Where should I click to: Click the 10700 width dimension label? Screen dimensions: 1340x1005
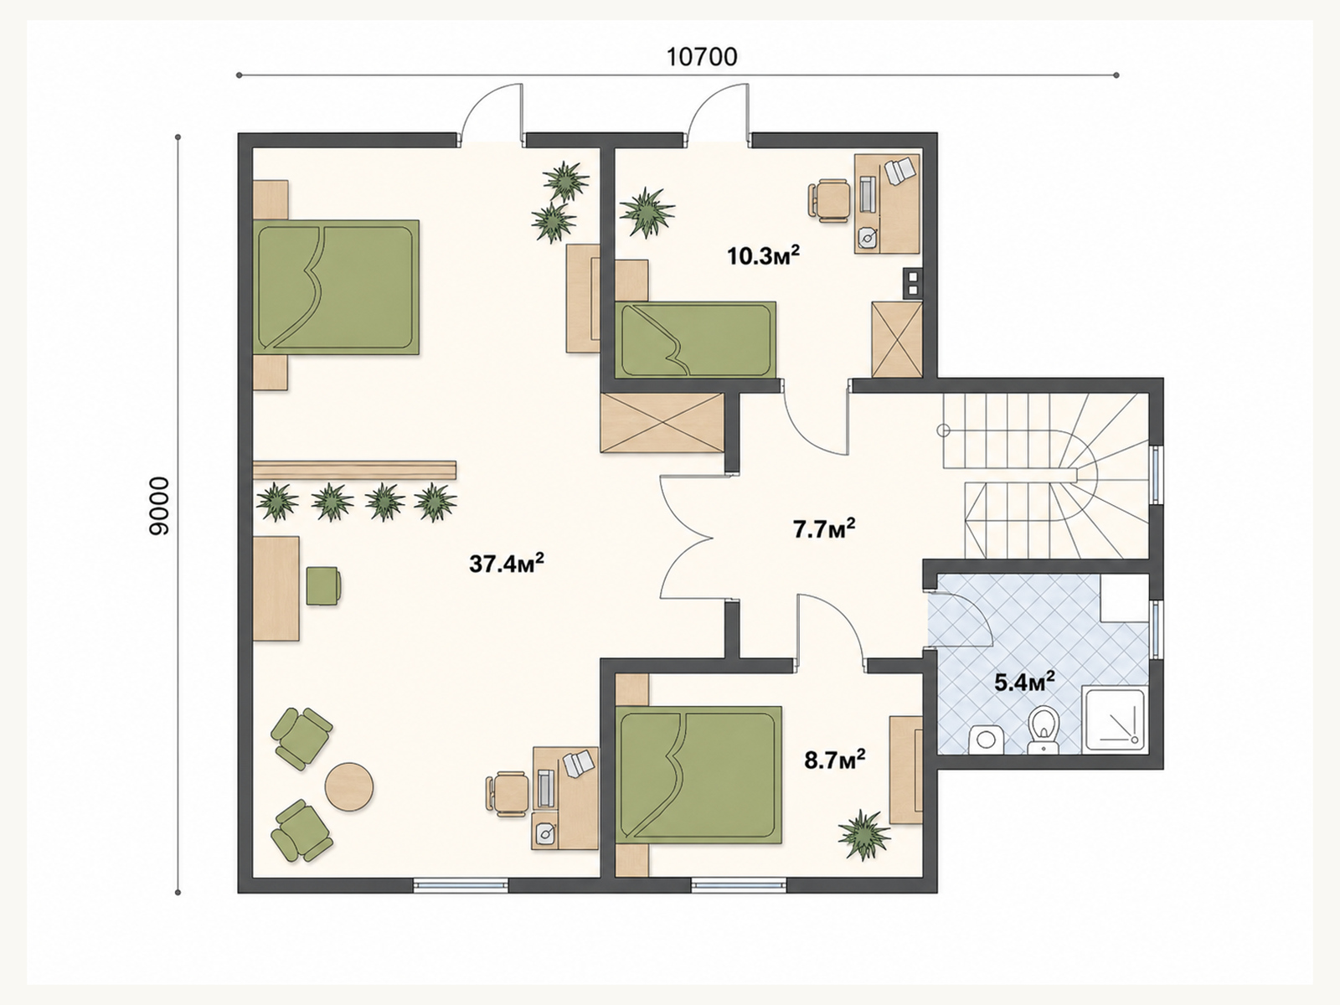(x=702, y=57)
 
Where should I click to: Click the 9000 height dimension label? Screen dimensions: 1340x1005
(x=159, y=506)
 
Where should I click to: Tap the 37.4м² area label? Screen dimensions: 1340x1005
(x=506, y=563)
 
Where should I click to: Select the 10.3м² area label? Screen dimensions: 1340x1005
(x=763, y=255)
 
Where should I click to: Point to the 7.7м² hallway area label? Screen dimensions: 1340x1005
(x=823, y=529)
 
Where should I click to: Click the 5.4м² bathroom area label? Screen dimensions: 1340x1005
(x=1025, y=682)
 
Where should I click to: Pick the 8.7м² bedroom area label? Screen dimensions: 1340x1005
(x=834, y=760)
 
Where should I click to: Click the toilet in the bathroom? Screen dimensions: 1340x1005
(x=1043, y=729)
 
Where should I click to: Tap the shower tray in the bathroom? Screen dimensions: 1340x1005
(x=1114, y=719)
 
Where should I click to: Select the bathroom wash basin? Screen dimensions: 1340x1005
(x=985, y=739)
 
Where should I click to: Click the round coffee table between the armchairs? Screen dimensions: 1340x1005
(x=348, y=786)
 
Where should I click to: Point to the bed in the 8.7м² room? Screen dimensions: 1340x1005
(x=698, y=775)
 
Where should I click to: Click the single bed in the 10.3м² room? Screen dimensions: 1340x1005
(x=695, y=340)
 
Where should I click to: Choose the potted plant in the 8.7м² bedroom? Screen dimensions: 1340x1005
(x=863, y=834)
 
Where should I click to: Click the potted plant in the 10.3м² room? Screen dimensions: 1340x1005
(x=647, y=213)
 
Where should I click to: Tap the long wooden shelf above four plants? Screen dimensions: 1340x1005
(x=355, y=470)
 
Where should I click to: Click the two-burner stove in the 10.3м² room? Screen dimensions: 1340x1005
(x=912, y=284)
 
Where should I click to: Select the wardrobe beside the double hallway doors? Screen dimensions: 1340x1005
(x=662, y=423)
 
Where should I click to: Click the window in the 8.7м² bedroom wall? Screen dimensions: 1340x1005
(x=738, y=884)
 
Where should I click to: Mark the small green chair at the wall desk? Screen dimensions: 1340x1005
(x=323, y=585)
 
